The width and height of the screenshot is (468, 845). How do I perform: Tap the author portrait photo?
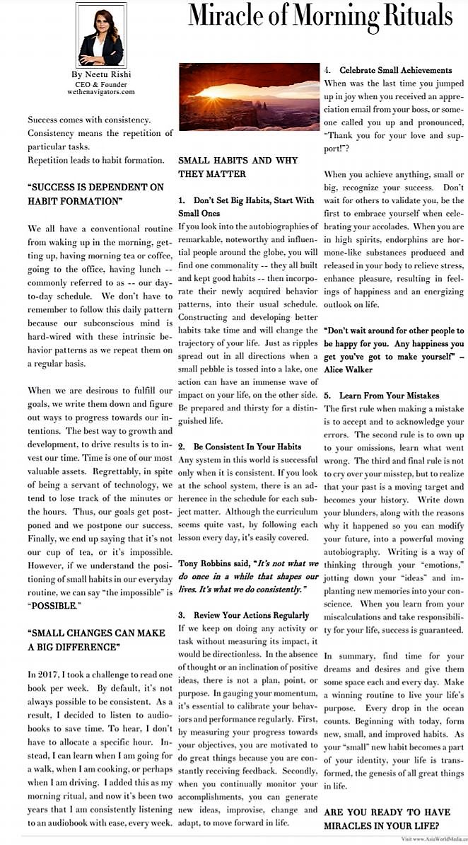(101, 35)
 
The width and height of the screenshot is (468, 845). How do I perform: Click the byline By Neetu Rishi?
(101, 74)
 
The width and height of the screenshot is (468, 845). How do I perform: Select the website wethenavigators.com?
(101, 92)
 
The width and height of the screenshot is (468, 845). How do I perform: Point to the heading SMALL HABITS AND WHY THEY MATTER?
(238, 167)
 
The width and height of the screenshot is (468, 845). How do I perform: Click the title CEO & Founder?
(101, 84)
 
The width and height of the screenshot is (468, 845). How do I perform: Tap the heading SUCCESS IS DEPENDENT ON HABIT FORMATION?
(95, 194)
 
